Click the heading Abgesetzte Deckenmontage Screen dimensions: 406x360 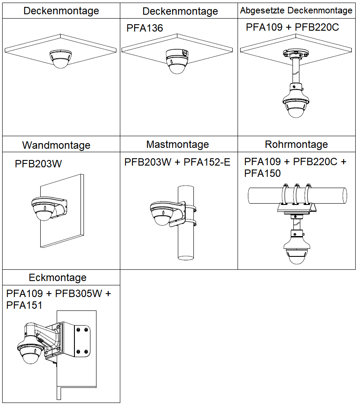pyautogui.click(x=296, y=10)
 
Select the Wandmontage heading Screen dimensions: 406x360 pyautogui.click(x=56, y=145)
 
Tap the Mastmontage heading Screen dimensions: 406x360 pyautogui.click(x=177, y=144)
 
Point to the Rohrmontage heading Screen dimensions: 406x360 pyautogui.click(x=296, y=144)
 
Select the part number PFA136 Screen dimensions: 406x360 pyautogui.click(x=145, y=29)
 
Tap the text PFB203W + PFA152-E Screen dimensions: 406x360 pyautogui.click(x=177, y=162)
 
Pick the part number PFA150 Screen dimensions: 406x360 pyautogui.click(x=262, y=173)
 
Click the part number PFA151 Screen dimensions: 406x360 pyautogui.click(x=24, y=305)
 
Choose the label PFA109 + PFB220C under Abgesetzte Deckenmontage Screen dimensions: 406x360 pyautogui.click(x=292, y=27)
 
